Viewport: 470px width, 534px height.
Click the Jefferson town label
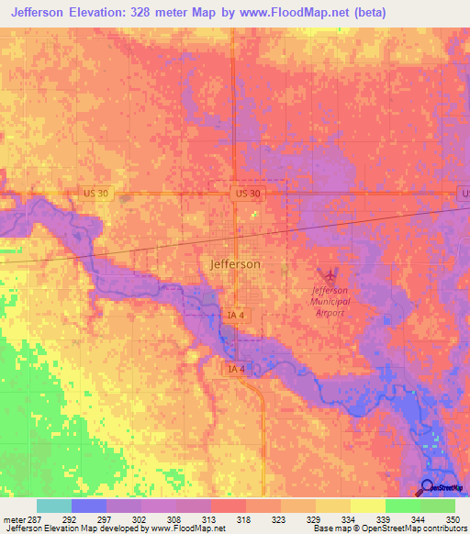coord(235,263)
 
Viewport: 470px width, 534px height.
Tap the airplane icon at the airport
coord(330,274)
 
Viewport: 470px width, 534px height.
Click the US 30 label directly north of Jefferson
coord(248,194)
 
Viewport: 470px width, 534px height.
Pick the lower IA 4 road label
coord(237,368)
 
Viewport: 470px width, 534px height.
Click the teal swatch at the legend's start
coord(53,506)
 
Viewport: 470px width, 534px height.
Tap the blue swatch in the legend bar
coord(88,506)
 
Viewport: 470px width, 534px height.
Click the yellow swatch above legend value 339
coord(367,506)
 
